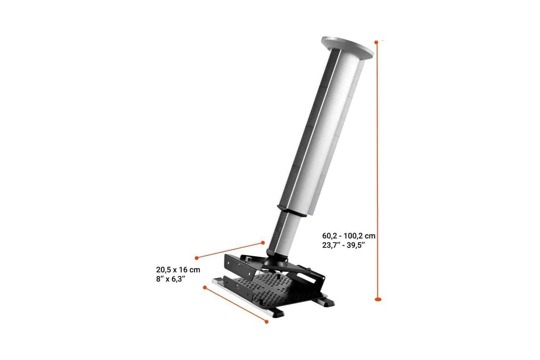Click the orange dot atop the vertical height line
377,42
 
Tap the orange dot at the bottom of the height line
378,298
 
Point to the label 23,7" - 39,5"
344,245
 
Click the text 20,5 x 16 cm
178,269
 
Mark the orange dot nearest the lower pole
263,243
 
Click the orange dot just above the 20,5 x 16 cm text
197,258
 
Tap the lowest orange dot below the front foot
267,321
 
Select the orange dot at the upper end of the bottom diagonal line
205,288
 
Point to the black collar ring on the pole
292,211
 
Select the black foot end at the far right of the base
328,303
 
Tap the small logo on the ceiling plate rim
328,37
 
